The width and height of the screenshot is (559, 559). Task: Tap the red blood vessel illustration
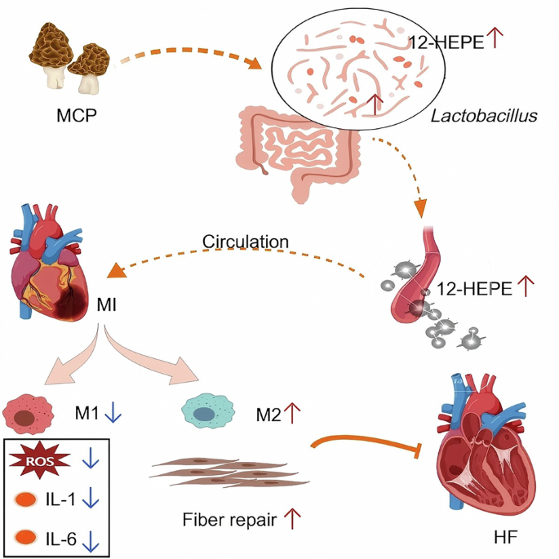[x=426, y=277]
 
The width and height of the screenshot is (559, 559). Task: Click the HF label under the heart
[x=506, y=537]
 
